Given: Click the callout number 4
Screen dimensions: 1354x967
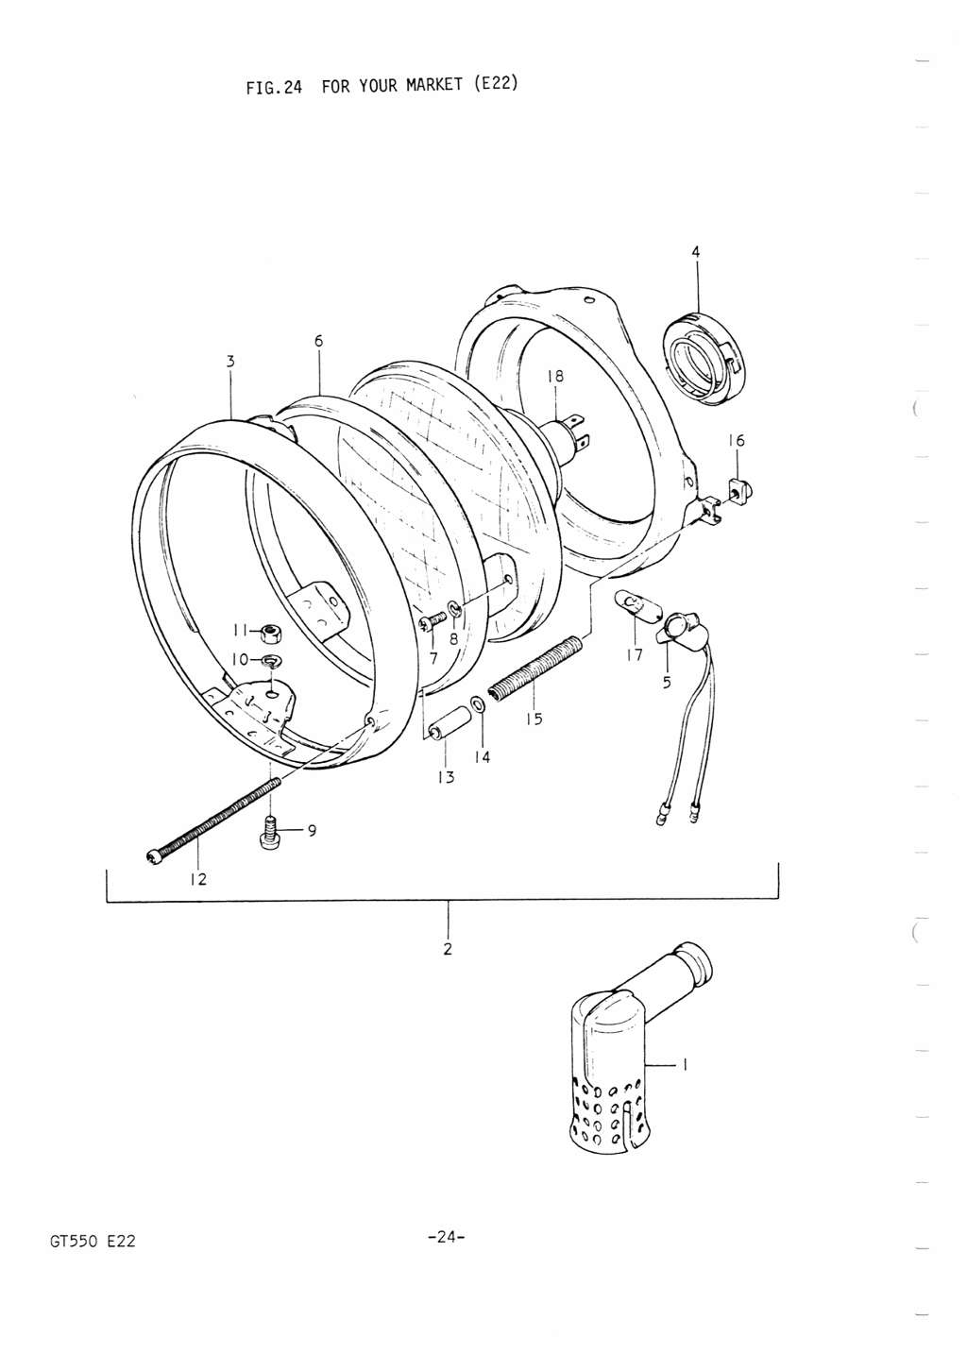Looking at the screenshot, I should pos(696,252).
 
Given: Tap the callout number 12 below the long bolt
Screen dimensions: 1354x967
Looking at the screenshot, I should pos(198,879).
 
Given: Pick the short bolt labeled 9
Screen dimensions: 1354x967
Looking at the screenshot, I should pos(271,834).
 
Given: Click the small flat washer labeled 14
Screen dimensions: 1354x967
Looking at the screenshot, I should pos(479,705).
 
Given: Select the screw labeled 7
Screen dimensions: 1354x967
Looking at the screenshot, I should pos(434,621).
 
